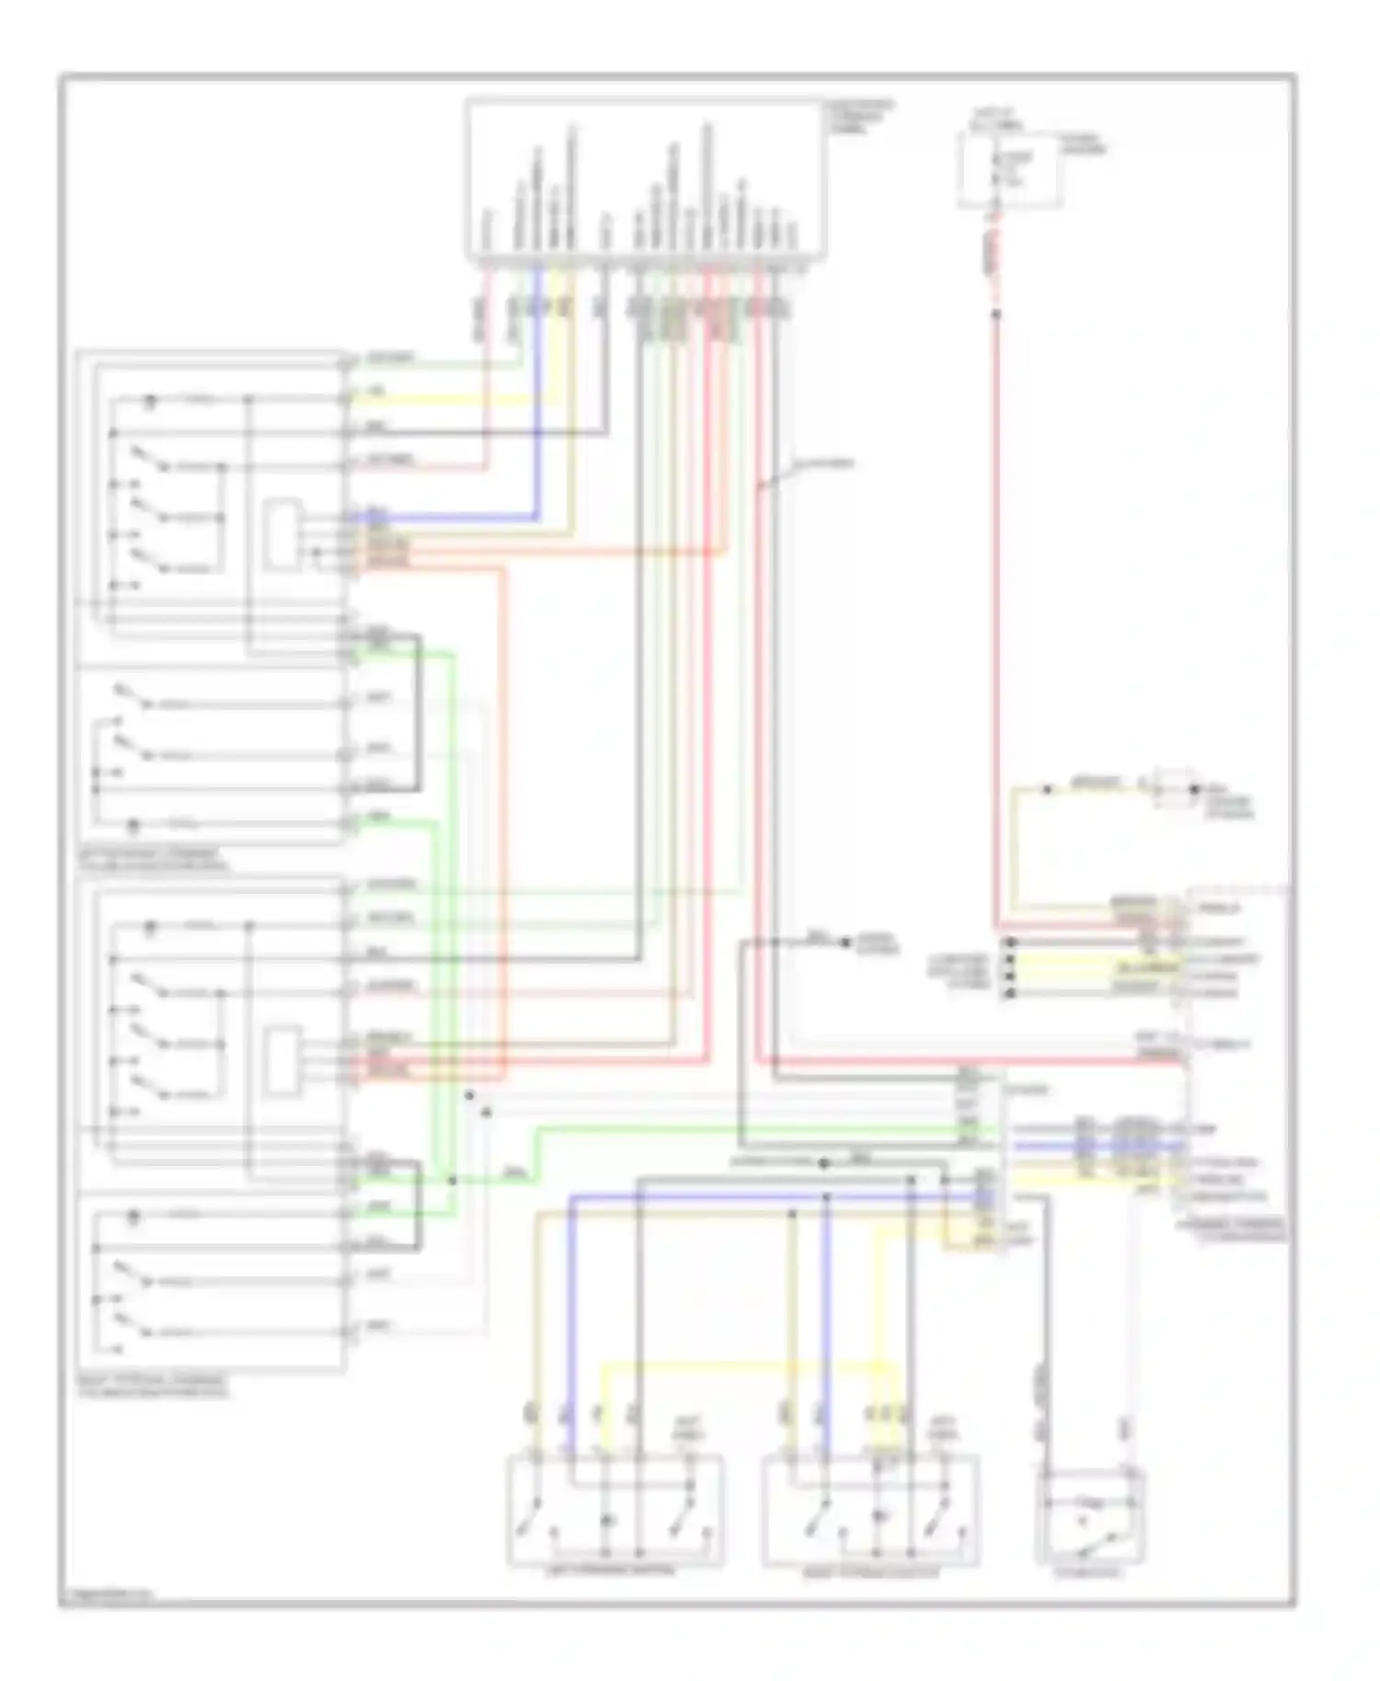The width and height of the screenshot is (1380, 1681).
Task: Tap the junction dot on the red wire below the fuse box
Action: tap(995, 314)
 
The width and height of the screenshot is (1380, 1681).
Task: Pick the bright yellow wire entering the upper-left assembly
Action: tap(442, 399)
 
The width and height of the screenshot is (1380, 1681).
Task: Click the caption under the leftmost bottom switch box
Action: tap(614, 1571)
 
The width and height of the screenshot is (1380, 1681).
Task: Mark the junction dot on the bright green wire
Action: tap(452, 1180)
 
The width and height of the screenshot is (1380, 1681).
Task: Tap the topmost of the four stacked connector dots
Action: tap(1010, 943)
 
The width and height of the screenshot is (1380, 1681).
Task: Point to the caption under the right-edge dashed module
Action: tap(1233, 1231)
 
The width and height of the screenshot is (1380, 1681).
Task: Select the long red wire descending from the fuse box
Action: tap(995, 607)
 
